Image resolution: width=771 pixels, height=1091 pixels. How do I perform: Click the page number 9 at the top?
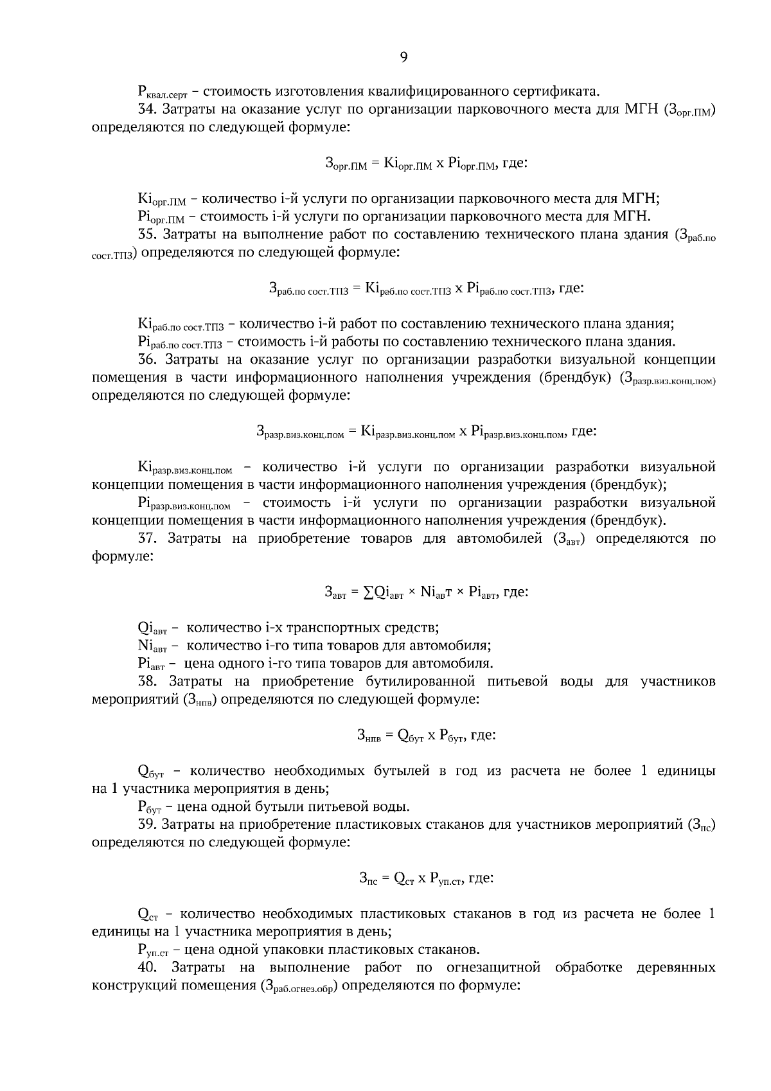click(403, 58)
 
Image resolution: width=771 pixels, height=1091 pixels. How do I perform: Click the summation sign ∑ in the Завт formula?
click(368, 592)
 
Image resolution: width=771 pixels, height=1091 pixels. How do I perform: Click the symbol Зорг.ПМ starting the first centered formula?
click(346, 164)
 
